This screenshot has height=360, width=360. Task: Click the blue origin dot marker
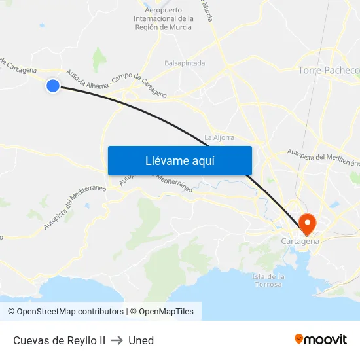pyautogui.click(x=53, y=85)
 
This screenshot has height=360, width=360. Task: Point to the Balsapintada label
pyautogui.click(x=185, y=63)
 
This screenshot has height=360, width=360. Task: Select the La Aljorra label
pyautogui.click(x=219, y=137)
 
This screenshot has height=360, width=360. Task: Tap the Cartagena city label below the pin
pyautogui.click(x=300, y=241)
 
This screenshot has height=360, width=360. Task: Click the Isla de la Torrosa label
pyautogui.click(x=268, y=281)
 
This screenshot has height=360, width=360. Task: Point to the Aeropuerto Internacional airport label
pyautogui.click(x=163, y=19)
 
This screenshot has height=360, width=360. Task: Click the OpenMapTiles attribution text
pyautogui.click(x=166, y=312)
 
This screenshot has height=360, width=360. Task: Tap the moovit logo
pyautogui.click(x=320, y=340)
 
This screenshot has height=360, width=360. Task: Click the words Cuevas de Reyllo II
pyautogui.click(x=59, y=340)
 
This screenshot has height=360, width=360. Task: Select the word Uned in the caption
pyautogui.click(x=141, y=340)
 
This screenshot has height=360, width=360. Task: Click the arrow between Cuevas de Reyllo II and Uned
pyautogui.click(x=117, y=340)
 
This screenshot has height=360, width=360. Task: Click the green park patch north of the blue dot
pyautogui.click(x=99, y=60)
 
